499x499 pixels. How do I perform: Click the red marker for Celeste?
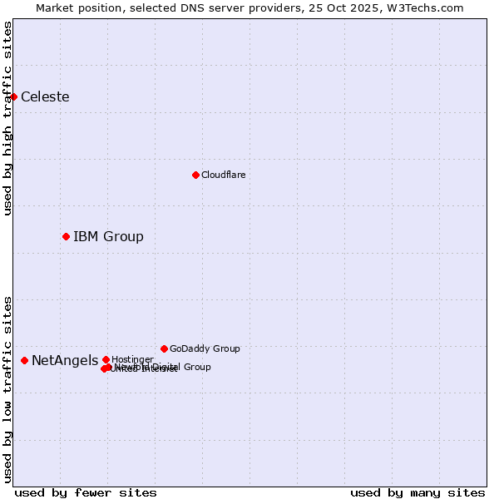pos(13,96)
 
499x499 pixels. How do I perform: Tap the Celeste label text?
pos(45,97)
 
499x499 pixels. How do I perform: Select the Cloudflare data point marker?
pos(195,175)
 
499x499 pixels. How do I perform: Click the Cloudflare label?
pos(223,175)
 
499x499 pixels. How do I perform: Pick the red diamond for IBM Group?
pos(66,237)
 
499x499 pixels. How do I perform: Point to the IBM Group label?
pos(108,237)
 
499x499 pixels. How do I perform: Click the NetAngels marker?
pos(24,360)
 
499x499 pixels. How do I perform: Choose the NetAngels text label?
pos(65,361)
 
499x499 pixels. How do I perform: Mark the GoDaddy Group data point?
pos(164,348)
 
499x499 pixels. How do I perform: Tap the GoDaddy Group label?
pos(205,349)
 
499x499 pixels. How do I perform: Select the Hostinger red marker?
pos(106,359)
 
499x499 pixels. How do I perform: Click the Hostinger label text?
pos(132,359)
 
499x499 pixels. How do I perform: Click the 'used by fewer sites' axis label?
pos(86,493)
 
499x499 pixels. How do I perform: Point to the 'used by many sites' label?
pos(417,493)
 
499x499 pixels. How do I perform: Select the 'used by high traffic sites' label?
pos(7,118)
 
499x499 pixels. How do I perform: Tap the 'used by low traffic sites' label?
pos(7,389)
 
